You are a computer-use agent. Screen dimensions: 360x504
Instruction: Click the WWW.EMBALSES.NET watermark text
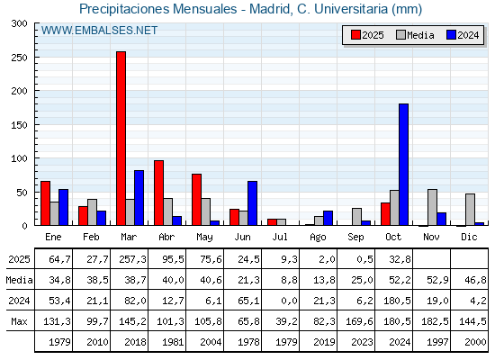tap(99, 31)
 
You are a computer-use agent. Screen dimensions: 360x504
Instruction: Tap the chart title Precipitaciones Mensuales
tap(250, 9)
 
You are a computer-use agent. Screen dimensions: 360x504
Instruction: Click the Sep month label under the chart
tap(356, 237)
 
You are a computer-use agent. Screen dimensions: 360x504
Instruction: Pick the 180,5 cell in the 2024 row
tap(394, 301)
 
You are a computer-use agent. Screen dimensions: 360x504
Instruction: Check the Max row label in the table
tap(18, 321)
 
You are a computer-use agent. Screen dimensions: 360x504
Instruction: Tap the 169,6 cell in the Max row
tap(356, 321)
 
